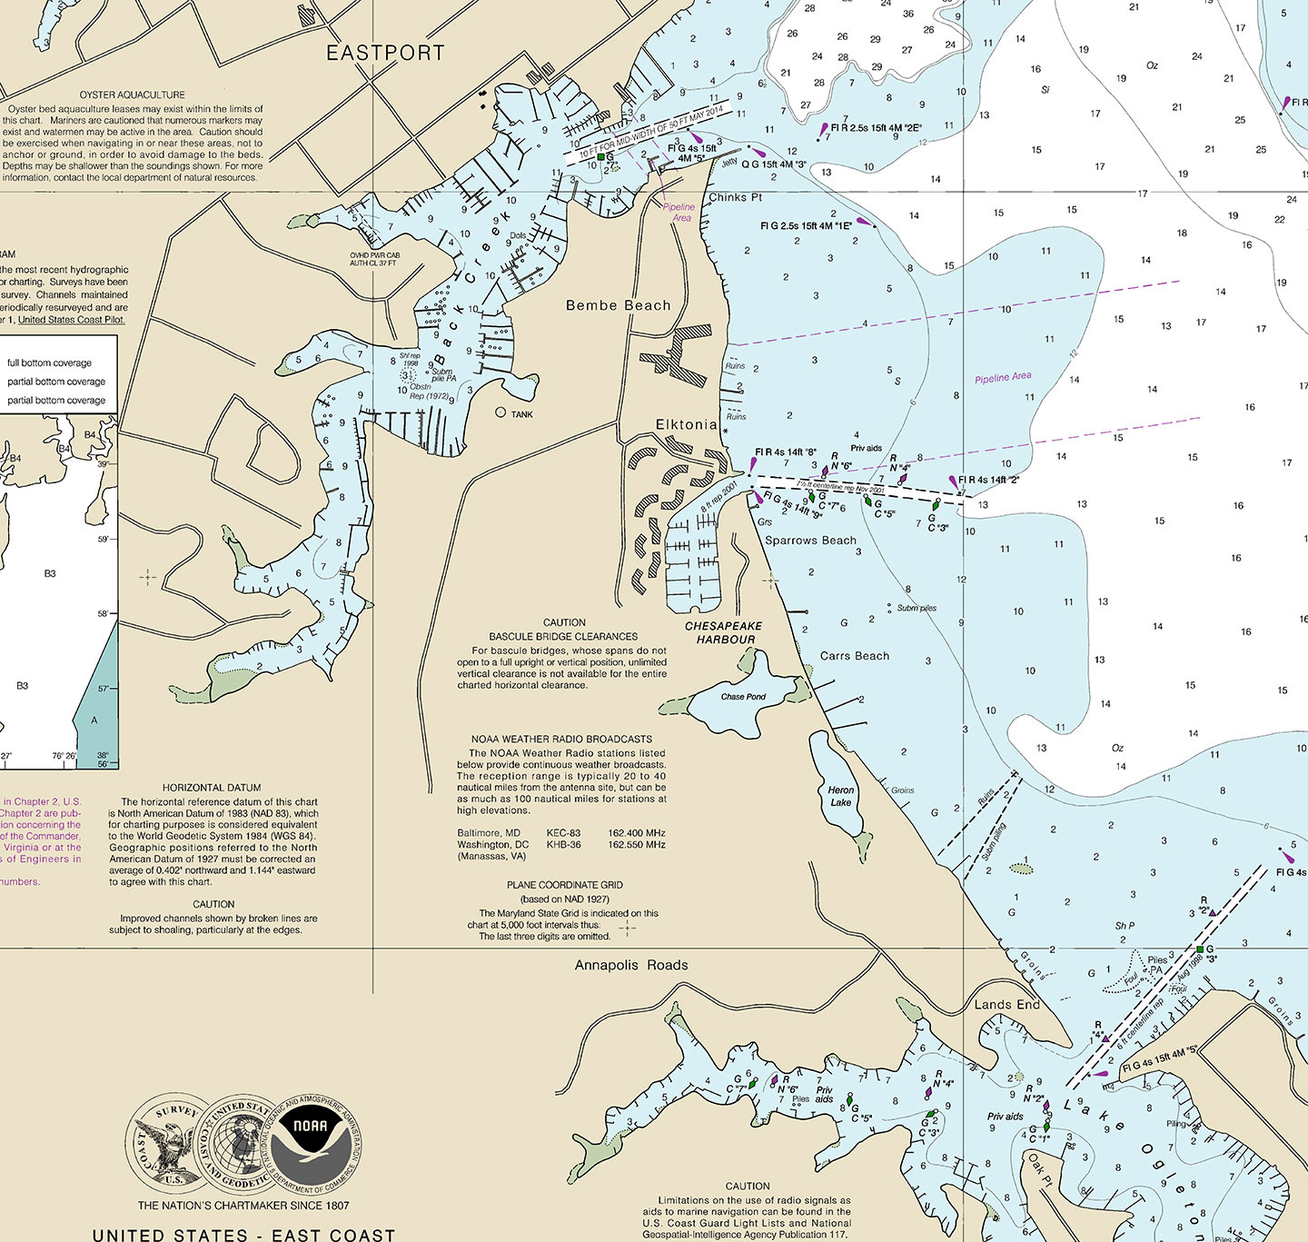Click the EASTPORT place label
pos(386,54)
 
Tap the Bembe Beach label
pos(618,305)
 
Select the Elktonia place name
pos(686,424)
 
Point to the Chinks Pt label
pos(736,197)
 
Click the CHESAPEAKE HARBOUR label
pos(724,632)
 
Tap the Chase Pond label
pos(743,697)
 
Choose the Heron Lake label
pos(841,796)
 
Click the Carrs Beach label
pos(855,656)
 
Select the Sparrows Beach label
pos(810,541)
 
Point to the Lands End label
pos(1006,1004)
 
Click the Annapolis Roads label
pos(631,965)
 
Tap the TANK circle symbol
pos(500,412)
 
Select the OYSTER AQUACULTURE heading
pos(133,94)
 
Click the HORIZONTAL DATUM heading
pos(212,788)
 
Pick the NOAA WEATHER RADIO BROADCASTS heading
pos(561,739)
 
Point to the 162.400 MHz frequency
pos(637,833)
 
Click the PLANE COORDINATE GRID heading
pos(565,884)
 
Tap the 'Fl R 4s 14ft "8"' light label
pos(786,452)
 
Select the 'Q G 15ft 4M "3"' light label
pos(774,164)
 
